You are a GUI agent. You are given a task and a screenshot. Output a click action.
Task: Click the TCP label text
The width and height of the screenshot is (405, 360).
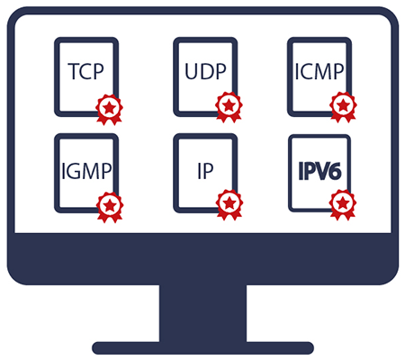click(x=86, y=71)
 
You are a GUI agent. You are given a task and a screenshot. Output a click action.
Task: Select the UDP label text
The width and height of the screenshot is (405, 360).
click(x=205, y=71)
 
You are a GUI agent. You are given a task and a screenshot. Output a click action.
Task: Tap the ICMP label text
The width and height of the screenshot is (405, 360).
click(x=319, y=72)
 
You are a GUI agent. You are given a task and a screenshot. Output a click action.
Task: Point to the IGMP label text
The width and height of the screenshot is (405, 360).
click(x=86, y=171)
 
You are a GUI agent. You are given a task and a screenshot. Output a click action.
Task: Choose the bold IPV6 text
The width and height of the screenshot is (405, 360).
click(x=319, y=171)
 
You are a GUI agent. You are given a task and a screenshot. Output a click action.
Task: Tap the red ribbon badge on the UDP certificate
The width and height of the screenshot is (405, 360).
click(x=229, y=107)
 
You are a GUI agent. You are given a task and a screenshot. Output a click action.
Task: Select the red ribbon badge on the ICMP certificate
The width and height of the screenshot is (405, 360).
click(x=343, y=107)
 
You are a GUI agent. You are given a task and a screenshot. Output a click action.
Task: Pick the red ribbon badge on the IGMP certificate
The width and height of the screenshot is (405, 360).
click(x=110, y=207)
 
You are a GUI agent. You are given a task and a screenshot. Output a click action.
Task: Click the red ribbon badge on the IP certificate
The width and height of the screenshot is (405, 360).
click(x=229, y=205)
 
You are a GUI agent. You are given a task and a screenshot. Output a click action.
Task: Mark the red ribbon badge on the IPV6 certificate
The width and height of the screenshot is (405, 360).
click(x=343, y=205)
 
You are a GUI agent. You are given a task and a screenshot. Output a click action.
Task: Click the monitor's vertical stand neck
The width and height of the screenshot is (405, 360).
click(x=202, y=313)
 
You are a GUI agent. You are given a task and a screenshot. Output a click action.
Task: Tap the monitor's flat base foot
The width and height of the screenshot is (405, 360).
click(x=202, y=348)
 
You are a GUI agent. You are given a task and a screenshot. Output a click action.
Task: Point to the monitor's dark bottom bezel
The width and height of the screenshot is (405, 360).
click(x=202, y=258)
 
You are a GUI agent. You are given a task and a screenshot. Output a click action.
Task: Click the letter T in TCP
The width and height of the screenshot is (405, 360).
click(x=73, y=71)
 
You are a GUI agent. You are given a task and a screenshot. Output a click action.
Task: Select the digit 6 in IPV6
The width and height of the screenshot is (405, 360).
click(x=335, y=172)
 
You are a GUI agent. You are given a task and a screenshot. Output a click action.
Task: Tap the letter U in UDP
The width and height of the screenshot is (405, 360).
click(x=191, y=72)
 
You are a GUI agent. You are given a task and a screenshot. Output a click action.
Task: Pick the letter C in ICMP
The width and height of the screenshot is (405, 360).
click(x=307, y=72)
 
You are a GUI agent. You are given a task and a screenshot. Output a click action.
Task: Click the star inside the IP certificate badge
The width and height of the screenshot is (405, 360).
click(x=229, y=203)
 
